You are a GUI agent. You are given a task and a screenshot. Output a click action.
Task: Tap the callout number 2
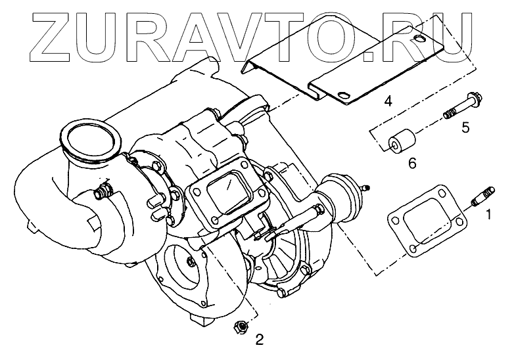(x=260, y=340)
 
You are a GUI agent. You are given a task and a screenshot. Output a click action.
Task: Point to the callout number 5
(x=465, y=127)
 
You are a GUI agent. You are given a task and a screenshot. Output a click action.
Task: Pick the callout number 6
(x=412, y=162)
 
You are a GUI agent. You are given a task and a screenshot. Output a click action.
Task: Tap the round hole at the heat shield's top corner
(x=421, y=43)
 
